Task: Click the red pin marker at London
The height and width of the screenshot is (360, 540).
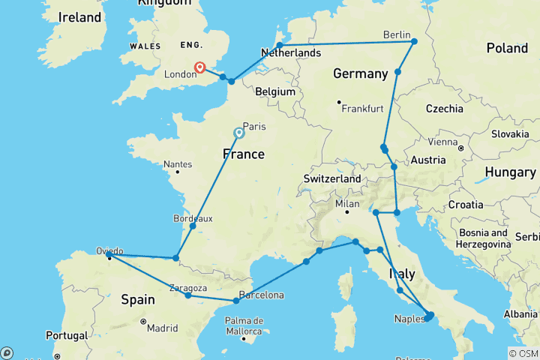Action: click(200, 68)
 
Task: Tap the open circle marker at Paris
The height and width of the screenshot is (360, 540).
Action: click(239, 133)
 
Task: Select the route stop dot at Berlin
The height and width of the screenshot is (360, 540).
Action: click(414, 42)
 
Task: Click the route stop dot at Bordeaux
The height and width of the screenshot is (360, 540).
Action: click(193, 226)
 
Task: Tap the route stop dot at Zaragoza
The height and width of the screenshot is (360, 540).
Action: click(187, 295)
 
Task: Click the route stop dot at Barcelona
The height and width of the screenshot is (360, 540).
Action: click(236, 301)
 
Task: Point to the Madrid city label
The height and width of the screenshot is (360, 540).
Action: click(163, 327)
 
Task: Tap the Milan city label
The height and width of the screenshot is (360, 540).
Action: click(347, 203)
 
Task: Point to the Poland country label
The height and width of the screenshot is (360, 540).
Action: click(507, 48)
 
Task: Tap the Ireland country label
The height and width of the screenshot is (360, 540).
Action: click(79, 16)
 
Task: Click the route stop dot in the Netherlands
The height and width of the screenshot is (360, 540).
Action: click(279, 46)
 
